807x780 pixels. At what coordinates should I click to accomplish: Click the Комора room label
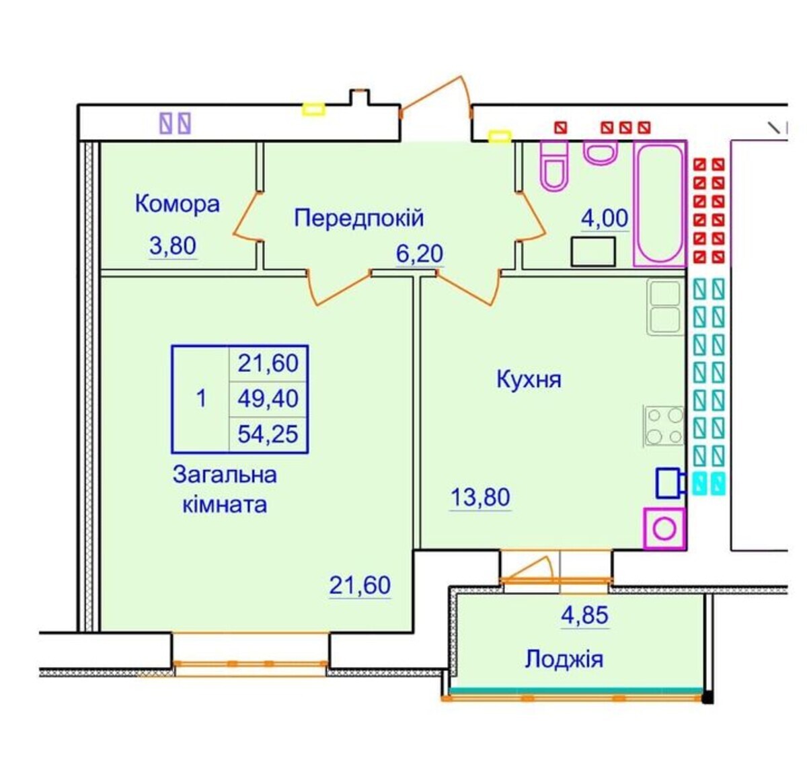pos(177,204)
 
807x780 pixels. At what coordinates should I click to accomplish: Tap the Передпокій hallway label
pos(358,218)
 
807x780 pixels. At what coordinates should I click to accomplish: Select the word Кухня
pos(529,379)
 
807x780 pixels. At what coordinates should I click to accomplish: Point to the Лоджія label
pos(564,660)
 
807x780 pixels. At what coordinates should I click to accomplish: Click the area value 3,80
pos(173,246)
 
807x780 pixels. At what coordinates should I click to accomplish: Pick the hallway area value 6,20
pos(420,253)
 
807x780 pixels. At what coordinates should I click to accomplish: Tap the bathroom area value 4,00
pos(605,218)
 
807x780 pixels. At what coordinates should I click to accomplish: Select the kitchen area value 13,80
pos(480,498)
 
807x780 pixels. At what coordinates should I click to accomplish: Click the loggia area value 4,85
pos(584,615)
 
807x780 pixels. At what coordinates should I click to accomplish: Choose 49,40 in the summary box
pos(268,399)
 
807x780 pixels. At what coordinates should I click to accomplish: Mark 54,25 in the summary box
pos(268,434)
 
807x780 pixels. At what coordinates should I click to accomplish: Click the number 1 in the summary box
pos(201,399)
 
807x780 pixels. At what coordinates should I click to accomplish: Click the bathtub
pos(660,203)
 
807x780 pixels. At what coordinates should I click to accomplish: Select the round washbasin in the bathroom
pos(601,153)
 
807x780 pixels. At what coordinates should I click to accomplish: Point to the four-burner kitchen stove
pos(664,426)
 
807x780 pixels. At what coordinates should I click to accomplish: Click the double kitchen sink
pos(665,307)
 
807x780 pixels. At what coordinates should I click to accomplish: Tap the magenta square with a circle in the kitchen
pos(664,529)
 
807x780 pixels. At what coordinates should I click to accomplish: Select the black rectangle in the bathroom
pos(593,252)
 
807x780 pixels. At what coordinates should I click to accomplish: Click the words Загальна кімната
pos(225,490)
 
